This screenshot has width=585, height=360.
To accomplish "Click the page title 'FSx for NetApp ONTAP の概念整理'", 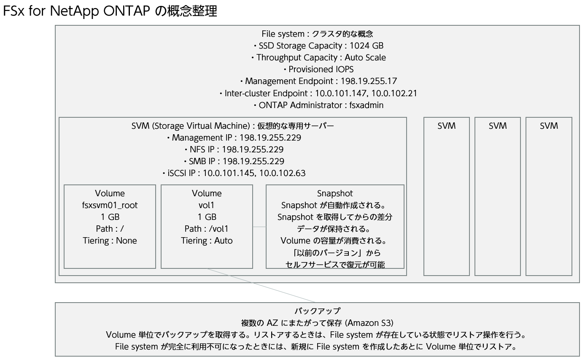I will click(x=110, y=11).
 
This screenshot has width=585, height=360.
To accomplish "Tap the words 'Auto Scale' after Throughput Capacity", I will click(x=365, y=57).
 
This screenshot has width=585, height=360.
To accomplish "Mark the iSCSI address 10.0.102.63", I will click(x=282, y=173).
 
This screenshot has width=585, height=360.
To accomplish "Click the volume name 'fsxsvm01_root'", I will click(x=110, y=205).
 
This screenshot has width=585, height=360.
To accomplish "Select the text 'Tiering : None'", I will click(x=110, y=241).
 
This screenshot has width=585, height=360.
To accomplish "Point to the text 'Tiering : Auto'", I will click(x=207, y=241).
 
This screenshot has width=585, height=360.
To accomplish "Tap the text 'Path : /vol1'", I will click(x=207, y=229).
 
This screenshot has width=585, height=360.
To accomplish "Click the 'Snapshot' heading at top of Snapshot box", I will click(x=335, y=193).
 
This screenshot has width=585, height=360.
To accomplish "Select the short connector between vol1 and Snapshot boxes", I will click(x=259, y=227).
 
